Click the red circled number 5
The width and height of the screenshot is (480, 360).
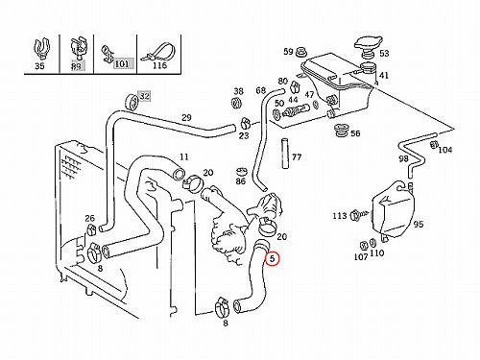[272, 258]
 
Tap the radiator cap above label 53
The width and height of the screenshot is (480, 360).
[368, 43]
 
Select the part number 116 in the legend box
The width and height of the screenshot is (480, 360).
[160, 65]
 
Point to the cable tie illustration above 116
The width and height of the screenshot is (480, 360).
[159, 52]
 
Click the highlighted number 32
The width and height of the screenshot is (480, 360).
[145, 96]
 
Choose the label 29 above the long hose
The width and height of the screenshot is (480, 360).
[186, 117]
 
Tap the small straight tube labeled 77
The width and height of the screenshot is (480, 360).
[285, 154]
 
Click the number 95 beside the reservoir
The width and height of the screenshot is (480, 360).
[419, 225]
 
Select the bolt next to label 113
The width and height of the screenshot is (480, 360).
[359, 214]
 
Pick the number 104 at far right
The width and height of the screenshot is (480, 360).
[445, 150]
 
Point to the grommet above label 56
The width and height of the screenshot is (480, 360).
[341, 130]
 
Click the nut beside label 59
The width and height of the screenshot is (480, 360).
[300, 52]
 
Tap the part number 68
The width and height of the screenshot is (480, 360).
[261, 90]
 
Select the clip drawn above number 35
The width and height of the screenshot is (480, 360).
[41, 49]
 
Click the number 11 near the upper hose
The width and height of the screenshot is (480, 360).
[183, 157]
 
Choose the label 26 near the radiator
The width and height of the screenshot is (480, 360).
[89, 218]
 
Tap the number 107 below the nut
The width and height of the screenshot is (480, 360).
[361, 256]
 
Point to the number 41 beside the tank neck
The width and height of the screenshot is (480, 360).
[384, 75]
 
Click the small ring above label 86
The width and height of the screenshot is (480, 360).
[241, 172]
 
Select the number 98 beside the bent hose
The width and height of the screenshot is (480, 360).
[403, 158]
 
